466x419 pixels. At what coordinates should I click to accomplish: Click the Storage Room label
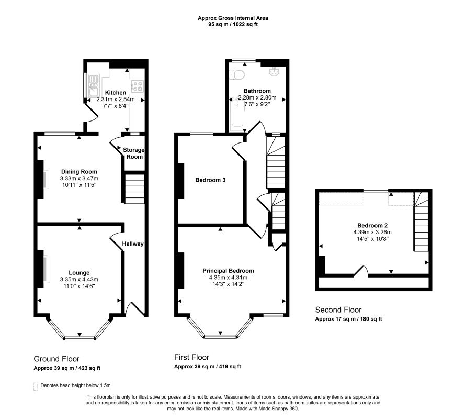[x=133, y=153]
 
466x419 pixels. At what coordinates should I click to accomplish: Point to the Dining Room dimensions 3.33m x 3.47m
[x=78, y=179]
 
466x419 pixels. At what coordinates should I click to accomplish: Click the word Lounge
[x=78, y=272]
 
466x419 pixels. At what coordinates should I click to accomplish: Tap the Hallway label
[x=133, y=244]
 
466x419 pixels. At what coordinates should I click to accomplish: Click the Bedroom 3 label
[x=210, y=180]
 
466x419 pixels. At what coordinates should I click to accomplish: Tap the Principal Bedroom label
[x=229, y=271]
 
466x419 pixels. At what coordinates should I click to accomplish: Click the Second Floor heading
[x=338, y=310]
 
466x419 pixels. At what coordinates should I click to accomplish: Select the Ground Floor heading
[x=56, y=359]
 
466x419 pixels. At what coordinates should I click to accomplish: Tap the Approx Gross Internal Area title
[x=233, y=18]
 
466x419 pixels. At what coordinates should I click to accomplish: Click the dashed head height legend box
[x=36, y=387]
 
